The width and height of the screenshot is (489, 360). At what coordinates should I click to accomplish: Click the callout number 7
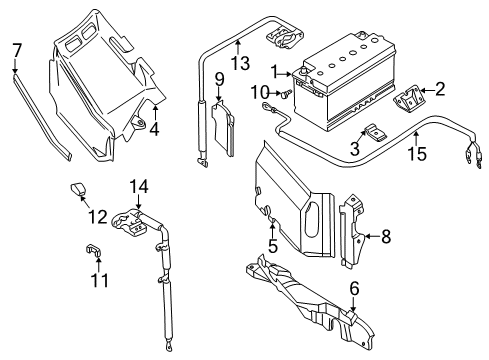(17, 51)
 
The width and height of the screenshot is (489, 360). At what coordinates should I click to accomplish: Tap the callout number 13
(241, 63)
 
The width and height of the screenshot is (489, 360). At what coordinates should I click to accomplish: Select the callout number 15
(417, 153)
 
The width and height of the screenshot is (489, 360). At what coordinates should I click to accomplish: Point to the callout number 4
(154, 129)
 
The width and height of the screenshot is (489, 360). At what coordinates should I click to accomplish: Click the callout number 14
(139, 187)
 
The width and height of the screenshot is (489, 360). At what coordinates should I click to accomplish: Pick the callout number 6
(354, 288)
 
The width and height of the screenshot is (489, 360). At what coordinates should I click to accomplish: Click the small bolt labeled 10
(286, 94)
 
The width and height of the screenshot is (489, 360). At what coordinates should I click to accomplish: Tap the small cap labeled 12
(78, 189)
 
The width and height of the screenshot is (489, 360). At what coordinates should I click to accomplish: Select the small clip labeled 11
(92, 250)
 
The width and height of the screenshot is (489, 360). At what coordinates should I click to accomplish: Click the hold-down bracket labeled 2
(408, 96)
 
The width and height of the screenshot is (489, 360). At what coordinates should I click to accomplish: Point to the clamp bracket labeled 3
(374, 132)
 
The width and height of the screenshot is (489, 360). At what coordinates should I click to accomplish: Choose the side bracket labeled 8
(352, 229)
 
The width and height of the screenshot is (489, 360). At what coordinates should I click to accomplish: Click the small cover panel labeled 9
(223, 128)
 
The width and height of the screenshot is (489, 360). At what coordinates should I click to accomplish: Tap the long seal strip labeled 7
(42, 117)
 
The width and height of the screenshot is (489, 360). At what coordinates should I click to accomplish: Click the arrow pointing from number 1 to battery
(285, 74)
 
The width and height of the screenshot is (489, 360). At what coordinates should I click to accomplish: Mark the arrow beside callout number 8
(371, 236)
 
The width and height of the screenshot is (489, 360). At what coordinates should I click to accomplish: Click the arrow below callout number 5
(272, 230)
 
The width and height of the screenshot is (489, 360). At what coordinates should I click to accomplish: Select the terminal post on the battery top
(303, 70)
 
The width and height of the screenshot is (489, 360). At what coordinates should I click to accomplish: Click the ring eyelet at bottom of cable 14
(169, 347)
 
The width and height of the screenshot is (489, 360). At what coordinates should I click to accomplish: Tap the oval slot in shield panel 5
(312, 220)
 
